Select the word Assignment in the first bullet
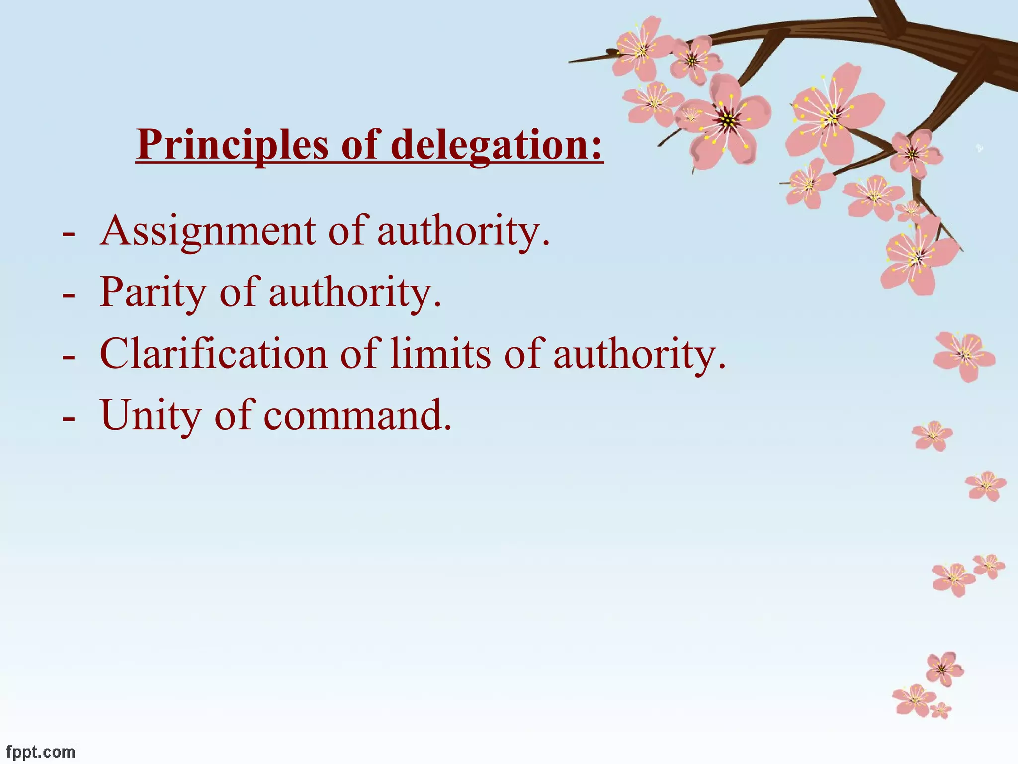coord(208,231)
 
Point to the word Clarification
coord(214,354)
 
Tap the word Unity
coord(150,415)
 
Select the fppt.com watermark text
coord(41,752)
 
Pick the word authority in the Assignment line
coord(463,231)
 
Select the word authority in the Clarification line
coord(639,354)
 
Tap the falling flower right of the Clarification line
coord(964,356)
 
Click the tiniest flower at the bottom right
coord(941,710)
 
